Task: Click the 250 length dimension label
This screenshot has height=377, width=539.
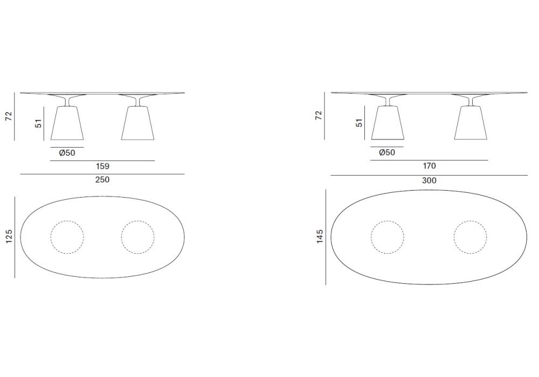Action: (x=102, y=179)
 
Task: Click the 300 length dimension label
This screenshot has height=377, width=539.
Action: (x=429, y=180)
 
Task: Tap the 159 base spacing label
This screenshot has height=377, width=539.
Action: (x=102, y=166)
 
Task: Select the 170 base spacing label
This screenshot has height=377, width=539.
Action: (x=429, y=166)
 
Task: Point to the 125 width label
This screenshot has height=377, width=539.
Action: (x=9, y=236)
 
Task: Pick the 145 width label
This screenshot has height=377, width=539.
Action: (x=320, y=236)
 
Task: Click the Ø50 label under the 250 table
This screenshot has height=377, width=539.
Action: (x=67, y=153)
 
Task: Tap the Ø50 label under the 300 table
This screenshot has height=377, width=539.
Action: (x=387, y=152)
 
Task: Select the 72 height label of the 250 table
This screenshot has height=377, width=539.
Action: (x=9, y=116)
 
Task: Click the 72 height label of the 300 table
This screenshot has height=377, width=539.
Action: (x=319, y=115)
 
